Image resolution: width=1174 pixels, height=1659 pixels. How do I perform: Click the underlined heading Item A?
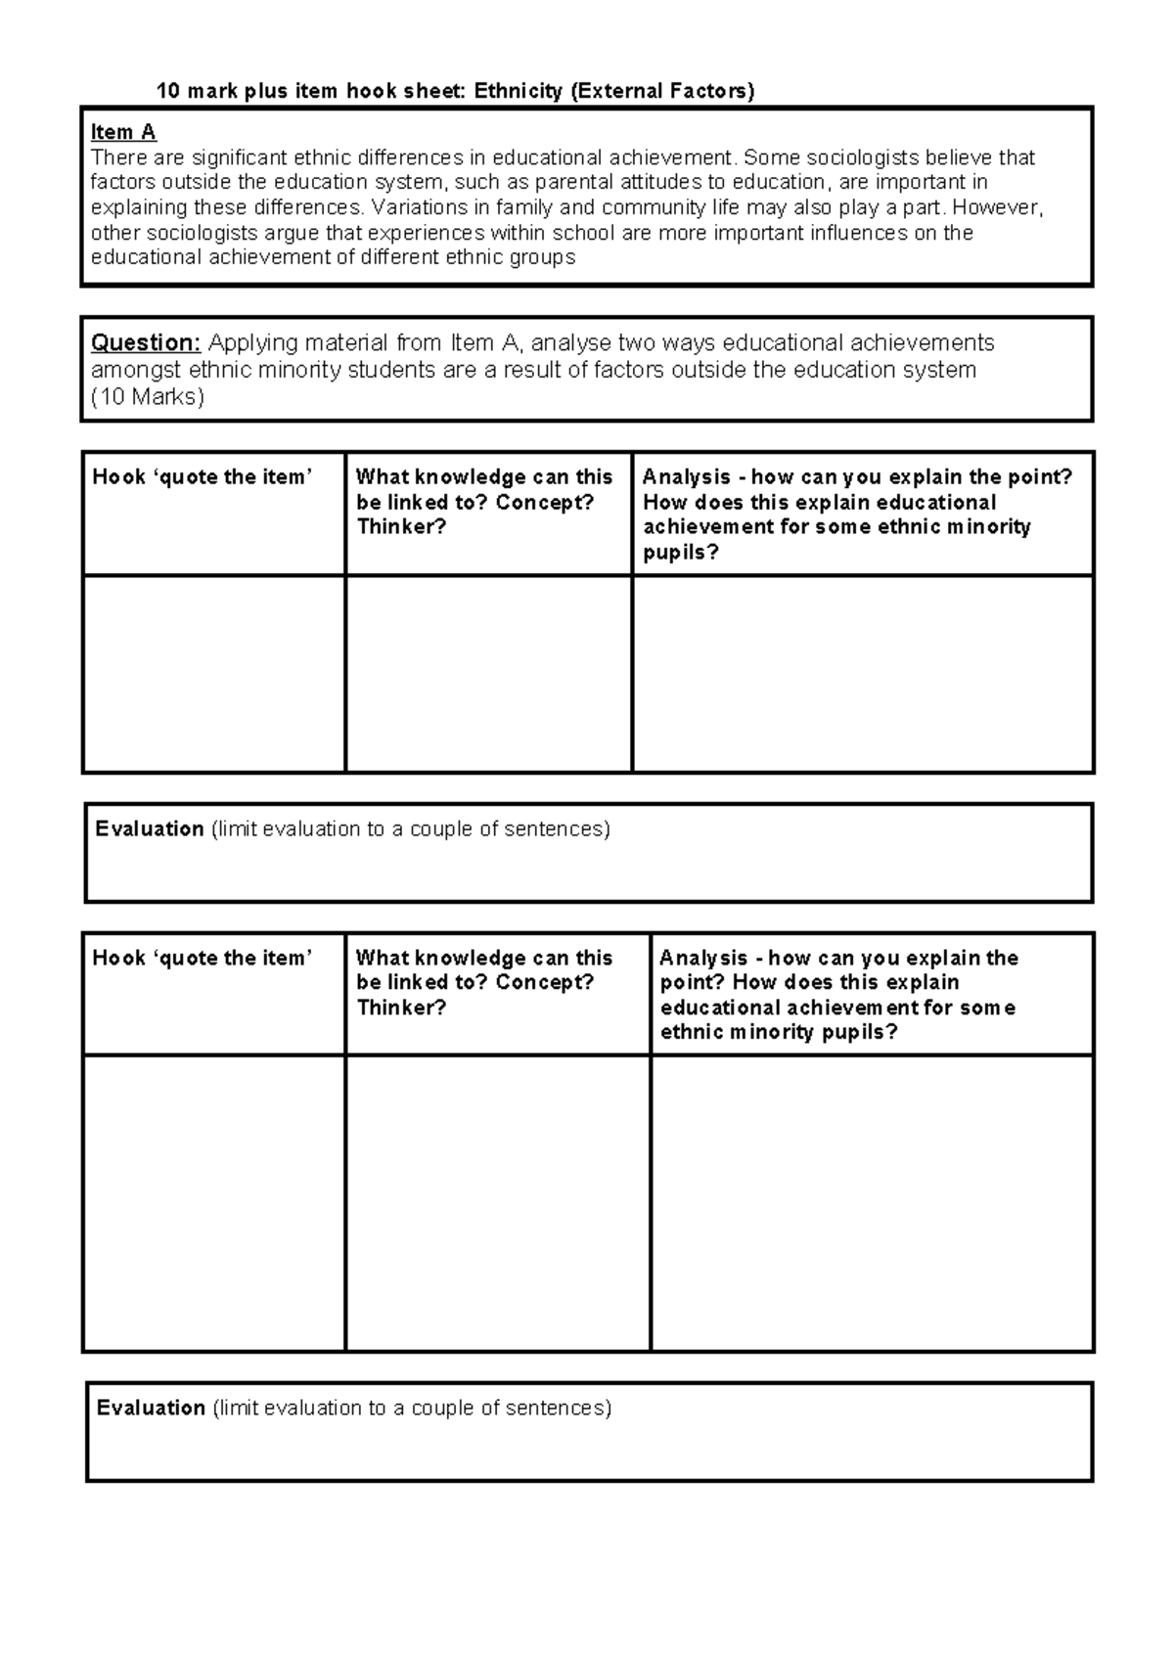pyautogui.click(x=123, y=132)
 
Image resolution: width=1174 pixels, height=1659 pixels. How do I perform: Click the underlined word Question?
pyautogui.click(x=145, y=343)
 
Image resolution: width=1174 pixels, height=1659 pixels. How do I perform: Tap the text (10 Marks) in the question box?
pyautogui.click(x=148, y=397)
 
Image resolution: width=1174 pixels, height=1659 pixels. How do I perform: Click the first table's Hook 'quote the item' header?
pyautogui.click(x=203, y=477)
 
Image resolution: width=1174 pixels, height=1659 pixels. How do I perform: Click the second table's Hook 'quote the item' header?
pyautogui.click(x=203, y=959)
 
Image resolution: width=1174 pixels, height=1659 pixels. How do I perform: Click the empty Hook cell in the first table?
pyautogui.click(x=213, y=673)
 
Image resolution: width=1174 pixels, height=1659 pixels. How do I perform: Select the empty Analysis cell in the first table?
pyautogui.click(x=862, y=673)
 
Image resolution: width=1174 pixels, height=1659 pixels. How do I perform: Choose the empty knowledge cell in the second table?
pyautogui.click(x=497, y=1202)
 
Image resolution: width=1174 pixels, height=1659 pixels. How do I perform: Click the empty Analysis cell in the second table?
pyautogui.click(x=871, y=1202)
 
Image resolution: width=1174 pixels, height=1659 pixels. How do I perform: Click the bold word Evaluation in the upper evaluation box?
pyautogui.click(x=150, y=829)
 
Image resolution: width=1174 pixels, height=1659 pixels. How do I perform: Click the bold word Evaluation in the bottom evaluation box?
pyautogui.click(x=151, y=1409)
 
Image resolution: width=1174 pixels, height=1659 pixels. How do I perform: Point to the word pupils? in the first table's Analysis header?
pyautogui.click(x=680, y=553)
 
